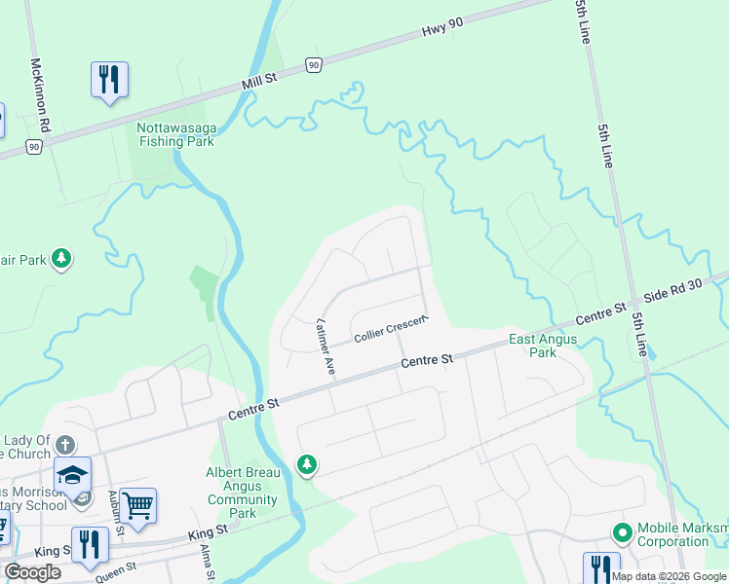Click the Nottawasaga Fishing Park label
(x=175, y=134)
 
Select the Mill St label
(x=259, y=84)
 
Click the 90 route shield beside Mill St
(x=312, y=64)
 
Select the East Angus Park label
(x=543, y=346)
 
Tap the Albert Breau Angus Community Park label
(x=244, y=493)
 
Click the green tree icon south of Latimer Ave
(x=308, y=465)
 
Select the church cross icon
(x=65, y=445)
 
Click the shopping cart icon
(x=137, y=504)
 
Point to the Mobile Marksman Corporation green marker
(x=621, y=532)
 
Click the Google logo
(x=33, y=572)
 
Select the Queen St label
(x=116, y=571)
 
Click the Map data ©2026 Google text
(x=670, y=576)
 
